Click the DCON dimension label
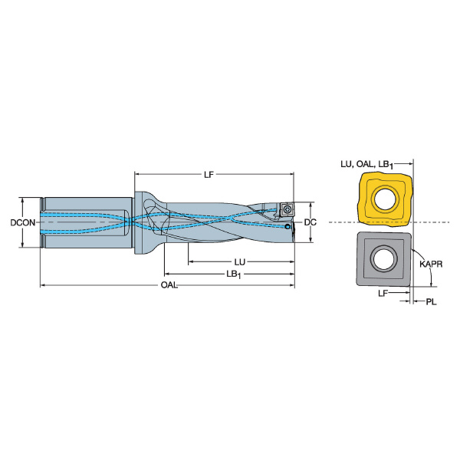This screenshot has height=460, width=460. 23,222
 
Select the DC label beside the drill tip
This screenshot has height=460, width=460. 310,222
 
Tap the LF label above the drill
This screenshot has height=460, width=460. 209,175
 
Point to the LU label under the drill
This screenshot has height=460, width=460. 240,261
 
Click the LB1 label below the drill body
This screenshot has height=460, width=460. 234,274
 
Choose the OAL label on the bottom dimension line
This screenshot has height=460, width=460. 169,285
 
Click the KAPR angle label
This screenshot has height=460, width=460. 431,264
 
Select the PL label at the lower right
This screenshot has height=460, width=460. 431,301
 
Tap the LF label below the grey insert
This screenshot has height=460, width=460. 383,293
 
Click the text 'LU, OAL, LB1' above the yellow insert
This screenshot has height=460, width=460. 366,165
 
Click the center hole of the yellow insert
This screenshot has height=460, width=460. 385,199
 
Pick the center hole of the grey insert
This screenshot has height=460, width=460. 384,258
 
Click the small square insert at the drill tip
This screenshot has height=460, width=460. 286,209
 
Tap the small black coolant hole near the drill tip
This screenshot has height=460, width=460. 287,226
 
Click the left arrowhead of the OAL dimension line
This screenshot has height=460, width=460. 42,285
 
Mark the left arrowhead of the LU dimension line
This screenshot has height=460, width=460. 190,261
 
